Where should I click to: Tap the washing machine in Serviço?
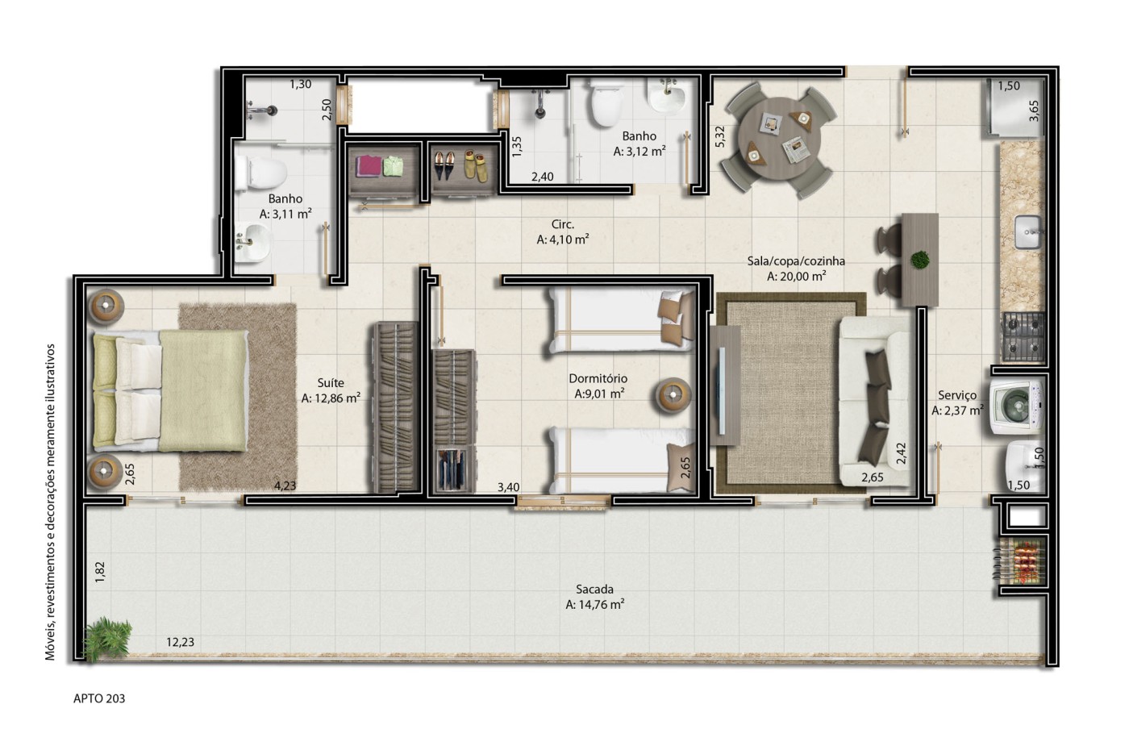1016,406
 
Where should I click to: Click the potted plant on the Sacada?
107,638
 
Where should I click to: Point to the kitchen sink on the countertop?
1027,232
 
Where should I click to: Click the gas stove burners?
1023,337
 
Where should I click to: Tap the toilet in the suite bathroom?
260,172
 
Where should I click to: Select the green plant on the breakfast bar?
920,260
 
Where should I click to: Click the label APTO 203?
99,698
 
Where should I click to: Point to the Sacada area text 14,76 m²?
595,604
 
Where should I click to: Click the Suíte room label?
331,382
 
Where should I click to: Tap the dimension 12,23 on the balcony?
180,642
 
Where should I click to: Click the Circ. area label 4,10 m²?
563,240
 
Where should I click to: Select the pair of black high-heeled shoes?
444,165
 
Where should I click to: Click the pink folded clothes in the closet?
369,166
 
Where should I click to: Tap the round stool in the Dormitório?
673,396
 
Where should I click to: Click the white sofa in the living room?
876,402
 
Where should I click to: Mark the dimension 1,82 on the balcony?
100,572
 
